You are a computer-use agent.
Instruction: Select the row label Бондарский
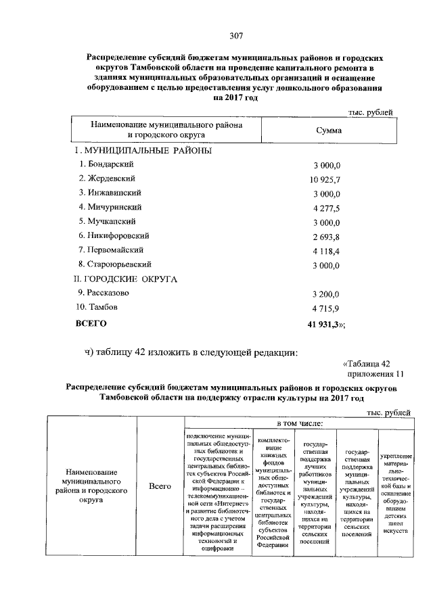(107, 164)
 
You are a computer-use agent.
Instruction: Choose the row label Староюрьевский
(114, 264)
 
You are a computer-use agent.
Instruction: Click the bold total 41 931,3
(325, 325)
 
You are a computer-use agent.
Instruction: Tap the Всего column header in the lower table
(160, 485)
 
